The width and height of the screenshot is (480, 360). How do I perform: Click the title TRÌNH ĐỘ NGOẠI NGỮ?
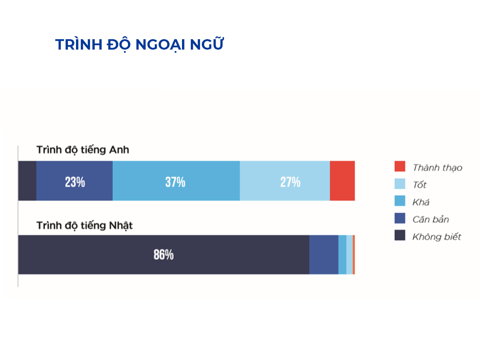pos(139,44)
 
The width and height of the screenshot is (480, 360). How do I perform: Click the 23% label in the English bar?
pos(75,182)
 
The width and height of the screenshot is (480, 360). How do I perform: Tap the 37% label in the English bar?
pos(175,182)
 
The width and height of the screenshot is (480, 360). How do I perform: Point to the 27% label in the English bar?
pos(290,182)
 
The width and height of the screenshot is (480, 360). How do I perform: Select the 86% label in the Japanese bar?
pos(164,255)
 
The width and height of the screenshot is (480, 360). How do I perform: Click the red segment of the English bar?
pos(342,181)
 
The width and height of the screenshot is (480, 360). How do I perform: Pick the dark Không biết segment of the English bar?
pos(27,181)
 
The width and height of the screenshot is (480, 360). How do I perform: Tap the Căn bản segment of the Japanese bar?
pos(324,255)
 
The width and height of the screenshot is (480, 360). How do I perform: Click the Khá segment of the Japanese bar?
pos(342,255)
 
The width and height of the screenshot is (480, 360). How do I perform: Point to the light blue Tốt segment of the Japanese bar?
pos(350,255)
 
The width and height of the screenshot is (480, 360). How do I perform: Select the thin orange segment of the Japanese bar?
pos(354,255)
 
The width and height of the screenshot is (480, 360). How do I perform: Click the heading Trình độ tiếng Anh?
pos(83,150)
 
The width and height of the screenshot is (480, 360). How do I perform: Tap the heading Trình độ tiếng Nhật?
pos(84,226)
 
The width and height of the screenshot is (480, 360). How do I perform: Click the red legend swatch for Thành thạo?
pos(400,166)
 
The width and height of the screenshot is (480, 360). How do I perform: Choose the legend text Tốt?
pos(420,185)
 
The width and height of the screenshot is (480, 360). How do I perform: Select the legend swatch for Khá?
pos(400,201)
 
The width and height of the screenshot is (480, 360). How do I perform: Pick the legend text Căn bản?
pos(430,220)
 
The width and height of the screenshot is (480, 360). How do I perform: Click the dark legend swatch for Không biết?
pos(400,236)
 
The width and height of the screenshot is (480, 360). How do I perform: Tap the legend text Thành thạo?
pos(437,168)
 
